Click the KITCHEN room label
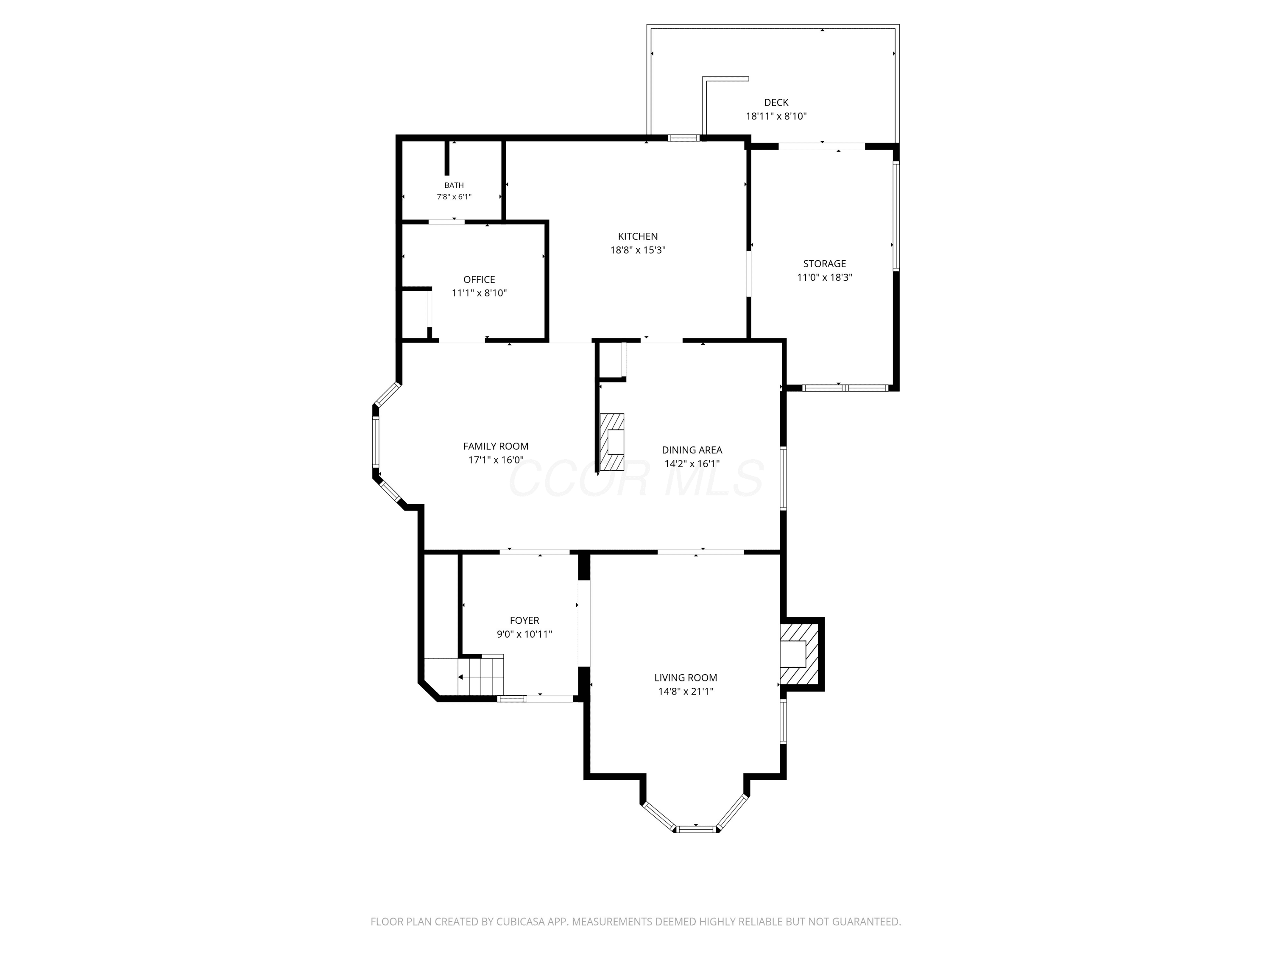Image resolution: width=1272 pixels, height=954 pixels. pyautogui.click(x=638, y=236)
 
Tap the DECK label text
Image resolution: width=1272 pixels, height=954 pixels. pyautogui.click(x=776, y=102)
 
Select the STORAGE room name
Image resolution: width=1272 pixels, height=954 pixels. pyautogui.click(x=825, y=264)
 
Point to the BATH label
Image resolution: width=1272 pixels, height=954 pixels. pyautogui.click(x=454, y=185)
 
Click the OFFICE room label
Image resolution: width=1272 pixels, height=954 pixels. pyautogui.click(x=479, y=279)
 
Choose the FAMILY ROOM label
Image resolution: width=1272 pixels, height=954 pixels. pyautogui.click(x=496, y=446)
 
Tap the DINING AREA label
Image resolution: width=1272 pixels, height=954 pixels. pyautogui.click(x=692, y=450)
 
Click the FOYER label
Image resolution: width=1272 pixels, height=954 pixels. pyautogui.click(x=524, y=620)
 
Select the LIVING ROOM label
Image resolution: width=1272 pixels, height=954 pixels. pyautogui.click(x=686, y=678)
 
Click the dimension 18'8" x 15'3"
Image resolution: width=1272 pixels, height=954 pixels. pyautogui.click(x=638, y=250)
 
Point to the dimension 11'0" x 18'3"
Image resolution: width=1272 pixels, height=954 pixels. pyautogui.click(x=825, y=277)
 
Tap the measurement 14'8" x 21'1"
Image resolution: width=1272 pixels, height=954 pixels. pyautogui.click(x=686, y=692)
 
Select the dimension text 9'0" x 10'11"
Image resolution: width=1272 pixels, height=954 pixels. pyautogui.click(x=524, y=634)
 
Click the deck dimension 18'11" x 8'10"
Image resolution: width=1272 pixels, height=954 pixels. pyautogui.click(x=776, y=116)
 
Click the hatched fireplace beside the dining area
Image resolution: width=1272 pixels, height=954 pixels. pyautogui.click(x=612, y=442)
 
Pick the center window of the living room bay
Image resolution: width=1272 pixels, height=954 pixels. pyautogui.click(x=696, y=828)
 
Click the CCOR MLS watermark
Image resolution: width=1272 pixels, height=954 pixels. pyautogui.click(x=636, y=478)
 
